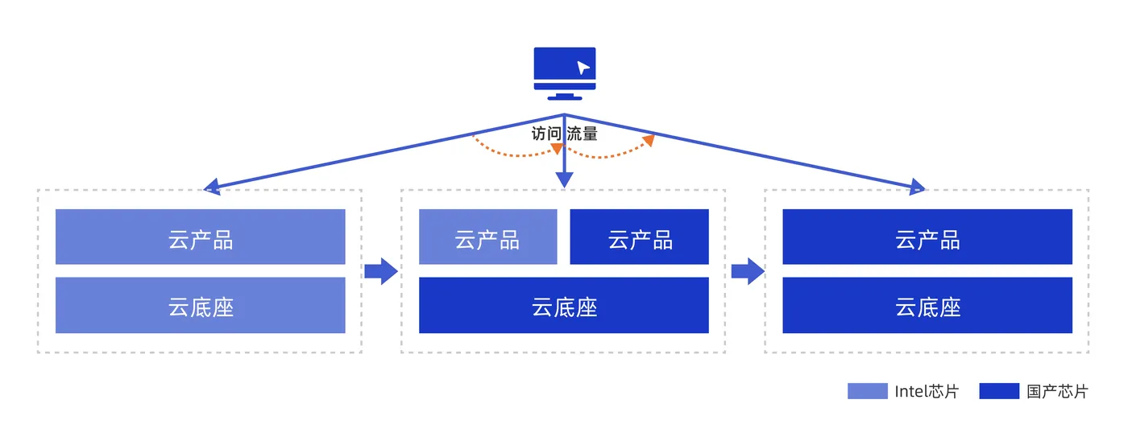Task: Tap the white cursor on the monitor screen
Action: coord(583,68)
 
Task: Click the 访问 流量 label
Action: coord(564,134)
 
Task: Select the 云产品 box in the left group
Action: coord(200,237)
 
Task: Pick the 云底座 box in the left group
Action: coord(200,305)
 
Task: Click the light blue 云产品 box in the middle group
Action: coord(487,237)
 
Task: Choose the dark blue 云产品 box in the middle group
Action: coord(640,237)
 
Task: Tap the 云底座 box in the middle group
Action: coord(564,305)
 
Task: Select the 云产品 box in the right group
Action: coord(927,237)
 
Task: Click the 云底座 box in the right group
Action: coord(927,305)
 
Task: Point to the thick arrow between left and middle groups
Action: coord(381,271)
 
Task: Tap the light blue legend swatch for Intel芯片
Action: coord(867,392)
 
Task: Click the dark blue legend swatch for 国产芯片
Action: coord(999,392)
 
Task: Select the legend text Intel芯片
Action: coord(927,392)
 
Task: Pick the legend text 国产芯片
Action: coord(1057,392)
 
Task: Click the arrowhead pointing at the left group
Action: coord(212,187)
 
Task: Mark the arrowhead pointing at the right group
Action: coord(917,188)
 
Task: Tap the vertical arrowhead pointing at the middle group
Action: coord(564,180)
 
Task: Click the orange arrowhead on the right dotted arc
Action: coord(649,141)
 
